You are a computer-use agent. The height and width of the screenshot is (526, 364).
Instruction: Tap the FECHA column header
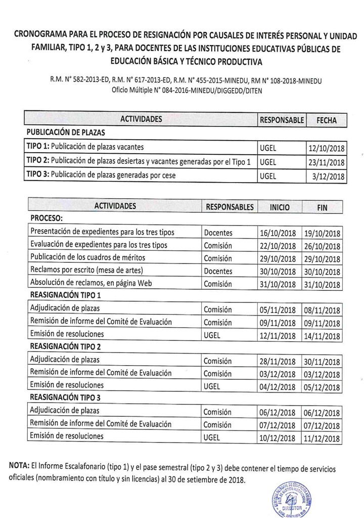click(x=326, y=120)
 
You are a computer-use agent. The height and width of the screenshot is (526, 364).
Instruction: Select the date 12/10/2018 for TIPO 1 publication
click(x=326, y=148)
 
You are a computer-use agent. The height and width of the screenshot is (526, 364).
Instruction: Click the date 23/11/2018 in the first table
click(x=326, y=162)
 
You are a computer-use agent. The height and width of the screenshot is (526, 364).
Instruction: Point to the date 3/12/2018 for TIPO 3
click(x=328, y=177)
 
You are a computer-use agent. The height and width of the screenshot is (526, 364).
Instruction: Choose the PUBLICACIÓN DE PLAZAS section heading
click(x=65, y=133)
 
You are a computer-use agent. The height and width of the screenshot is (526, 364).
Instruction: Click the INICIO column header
click(x=279, y=207)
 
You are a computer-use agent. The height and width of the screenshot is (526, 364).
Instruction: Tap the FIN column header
click(x=322, y=207)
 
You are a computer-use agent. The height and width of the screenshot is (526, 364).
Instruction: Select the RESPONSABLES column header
click(x=230, y=207)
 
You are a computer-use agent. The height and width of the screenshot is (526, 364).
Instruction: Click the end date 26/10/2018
click(x=323, y=246)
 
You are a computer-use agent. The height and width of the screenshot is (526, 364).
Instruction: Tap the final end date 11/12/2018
click(x=323, y=439)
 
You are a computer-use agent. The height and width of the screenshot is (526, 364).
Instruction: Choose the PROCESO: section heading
click(x=47, y=219)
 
